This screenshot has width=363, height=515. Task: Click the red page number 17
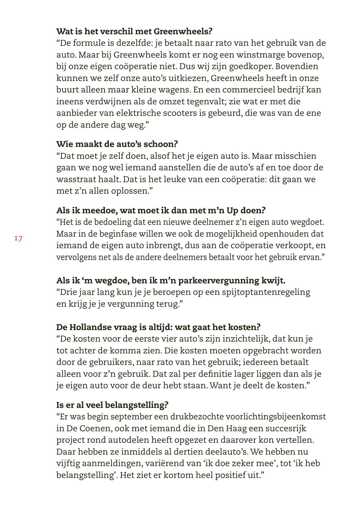[x=18, y=239]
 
